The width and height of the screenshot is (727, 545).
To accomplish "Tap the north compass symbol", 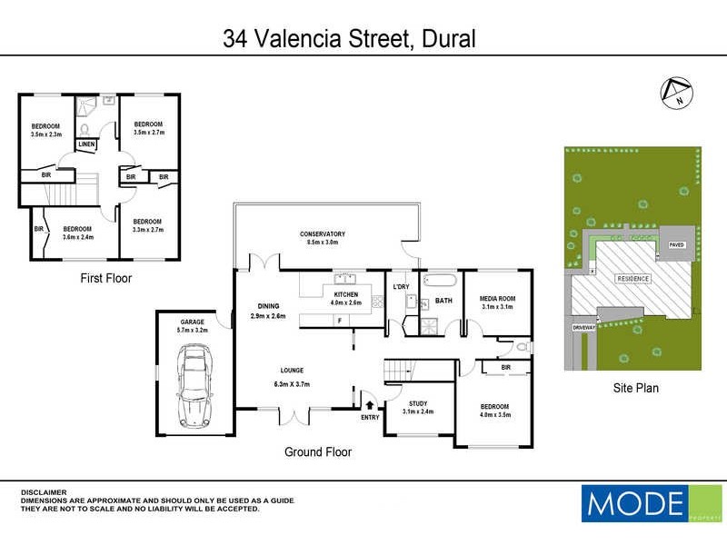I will coord(675,92).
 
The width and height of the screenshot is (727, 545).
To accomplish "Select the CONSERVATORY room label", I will coord(323,234).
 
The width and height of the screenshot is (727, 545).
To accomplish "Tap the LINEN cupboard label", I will coord(86,144).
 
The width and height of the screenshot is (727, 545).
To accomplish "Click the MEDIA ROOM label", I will coord(497,299).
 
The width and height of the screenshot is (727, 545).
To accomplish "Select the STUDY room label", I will coord(418,402).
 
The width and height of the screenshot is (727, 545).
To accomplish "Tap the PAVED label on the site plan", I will coord(676,245).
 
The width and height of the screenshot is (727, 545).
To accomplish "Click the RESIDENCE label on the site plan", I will coord(633,278).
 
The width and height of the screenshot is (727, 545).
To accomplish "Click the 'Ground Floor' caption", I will coord(318,451).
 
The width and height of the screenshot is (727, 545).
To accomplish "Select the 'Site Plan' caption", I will coord(633,388).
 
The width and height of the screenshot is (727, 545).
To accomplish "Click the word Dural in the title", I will coord(445,39).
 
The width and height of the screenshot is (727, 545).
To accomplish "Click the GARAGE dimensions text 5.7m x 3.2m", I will coord(192,331).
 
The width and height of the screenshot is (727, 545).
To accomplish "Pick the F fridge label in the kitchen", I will coord(339,321).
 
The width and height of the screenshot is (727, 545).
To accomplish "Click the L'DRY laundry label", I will coord(401,287).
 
